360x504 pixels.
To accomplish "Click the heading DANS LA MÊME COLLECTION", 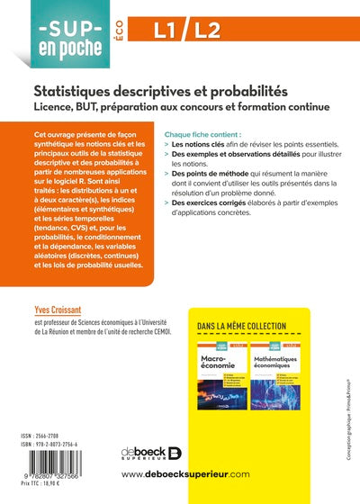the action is click(x=241, y=326).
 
